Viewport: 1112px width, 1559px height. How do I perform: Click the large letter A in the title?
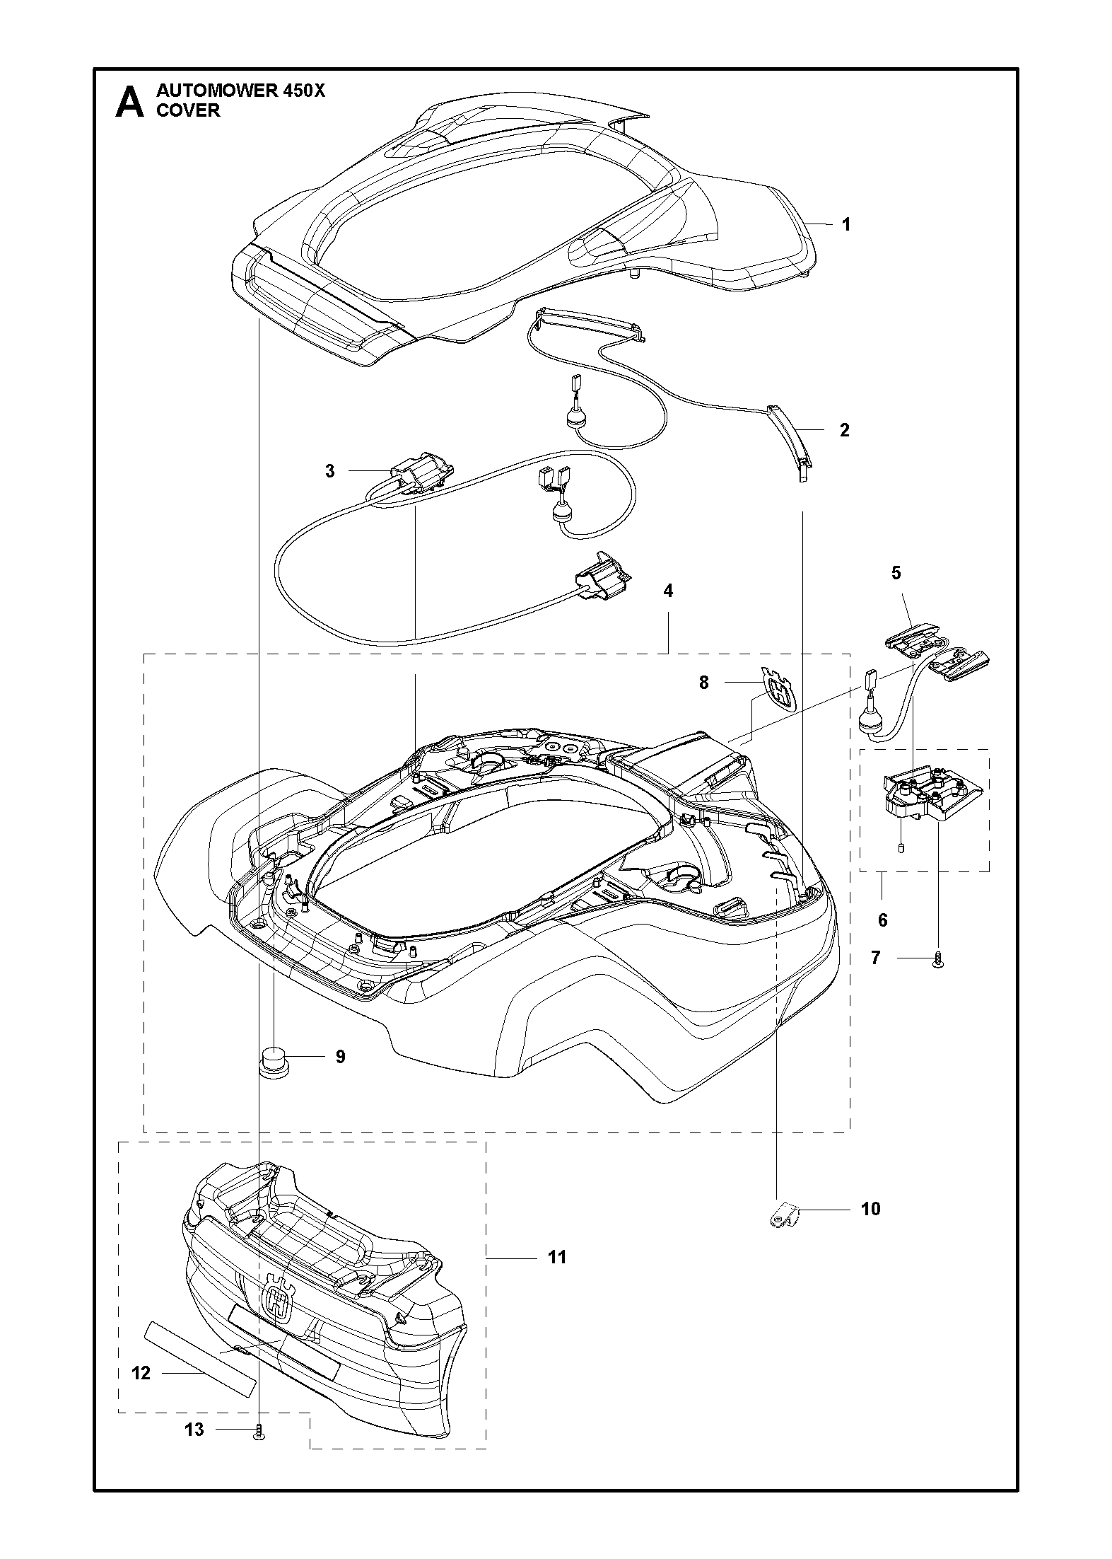coord(129,102)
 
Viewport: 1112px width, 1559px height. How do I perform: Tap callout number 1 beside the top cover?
coord(845,224)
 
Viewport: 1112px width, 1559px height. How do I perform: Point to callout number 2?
coord(844,429)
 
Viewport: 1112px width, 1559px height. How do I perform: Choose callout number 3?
coord(330,470)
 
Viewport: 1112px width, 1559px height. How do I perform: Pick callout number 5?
coord(896,572)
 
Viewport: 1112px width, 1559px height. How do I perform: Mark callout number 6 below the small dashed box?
coord(882,920)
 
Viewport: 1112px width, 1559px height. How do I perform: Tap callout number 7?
coord(876,958)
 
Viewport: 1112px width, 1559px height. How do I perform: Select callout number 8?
coord(703,683)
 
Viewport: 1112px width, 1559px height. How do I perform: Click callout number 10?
coord(871,1209)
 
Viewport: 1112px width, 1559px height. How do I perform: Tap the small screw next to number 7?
coord(939,960)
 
